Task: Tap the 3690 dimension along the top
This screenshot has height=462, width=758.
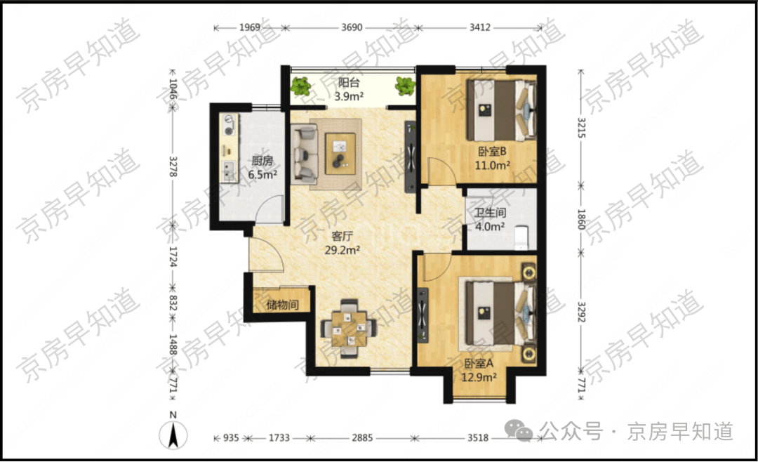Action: tap(352, 27)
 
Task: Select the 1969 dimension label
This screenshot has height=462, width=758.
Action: tap(249, 27)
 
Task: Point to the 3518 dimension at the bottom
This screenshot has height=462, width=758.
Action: tap(478, 438)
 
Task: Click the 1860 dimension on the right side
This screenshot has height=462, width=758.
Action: tap(581, 220)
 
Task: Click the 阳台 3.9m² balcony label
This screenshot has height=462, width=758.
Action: tap(349, 89)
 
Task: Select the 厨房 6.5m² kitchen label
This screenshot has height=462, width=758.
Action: tap(262, 168)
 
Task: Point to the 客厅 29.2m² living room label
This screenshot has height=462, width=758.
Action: tap(343, 243)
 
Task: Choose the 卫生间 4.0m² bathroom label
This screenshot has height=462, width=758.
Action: tap(490, 219)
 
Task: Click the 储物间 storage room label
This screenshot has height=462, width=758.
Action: tap(282, 305)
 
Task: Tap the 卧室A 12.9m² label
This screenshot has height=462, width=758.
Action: tap(479, 370)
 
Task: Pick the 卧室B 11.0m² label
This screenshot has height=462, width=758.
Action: tap(492, 158)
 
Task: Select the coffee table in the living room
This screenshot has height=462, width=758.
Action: tap(340, 153)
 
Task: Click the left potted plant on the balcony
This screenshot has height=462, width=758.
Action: tap(301, 86)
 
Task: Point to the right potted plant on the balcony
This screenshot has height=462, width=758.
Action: tap(405, 86)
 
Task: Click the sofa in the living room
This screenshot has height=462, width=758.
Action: tap(304, 154)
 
